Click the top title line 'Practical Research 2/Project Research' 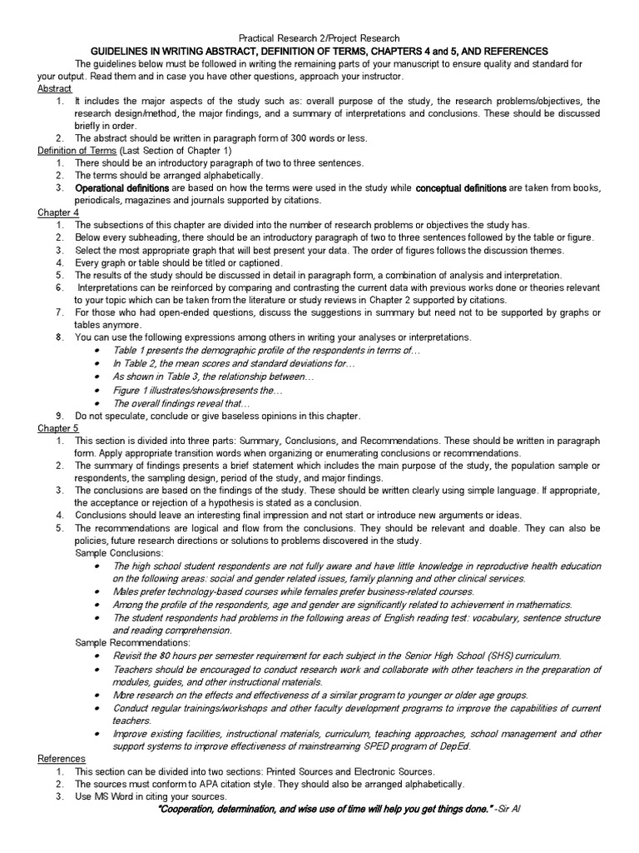tap(319, 38)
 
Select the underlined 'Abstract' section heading tap(55, 88)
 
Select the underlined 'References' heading tap(62, 759)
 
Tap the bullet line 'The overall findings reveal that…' tap(181, 402)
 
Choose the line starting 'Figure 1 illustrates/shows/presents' tap(198, 390)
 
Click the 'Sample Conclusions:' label tap(120, 553)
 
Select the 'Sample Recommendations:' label tap(133, 643)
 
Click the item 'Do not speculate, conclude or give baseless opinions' tap(217, 416)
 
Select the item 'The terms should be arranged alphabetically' tap(169, 176)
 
